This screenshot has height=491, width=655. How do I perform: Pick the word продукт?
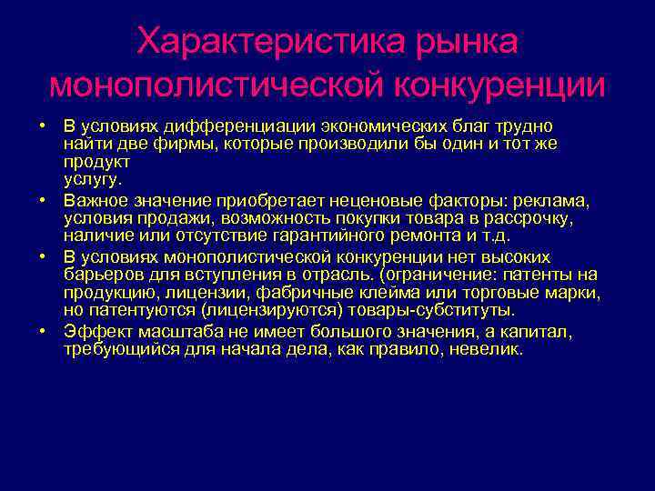pyautogui.click(x=97, y=161)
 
